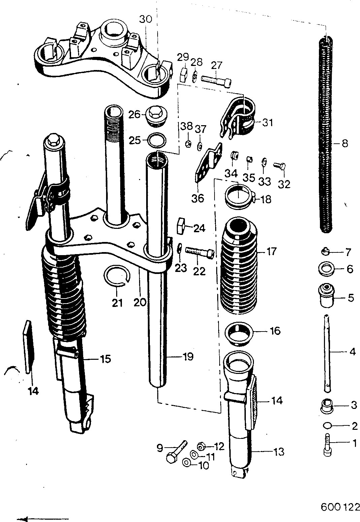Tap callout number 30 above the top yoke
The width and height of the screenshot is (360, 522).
[x=146, y=19]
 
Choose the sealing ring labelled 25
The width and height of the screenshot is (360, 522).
[x=157, y=140]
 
